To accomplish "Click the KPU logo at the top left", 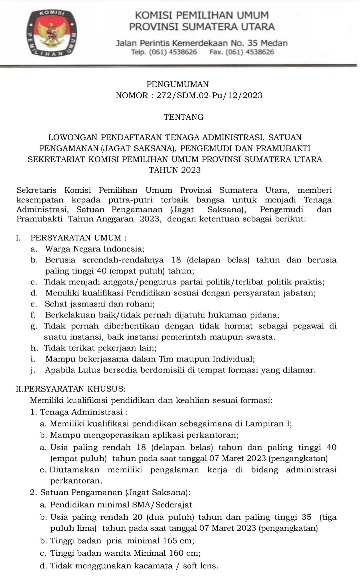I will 52,33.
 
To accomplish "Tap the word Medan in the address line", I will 274,43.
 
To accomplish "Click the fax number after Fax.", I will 250,52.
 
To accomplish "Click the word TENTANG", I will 183,117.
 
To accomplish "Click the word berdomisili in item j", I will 161,370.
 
